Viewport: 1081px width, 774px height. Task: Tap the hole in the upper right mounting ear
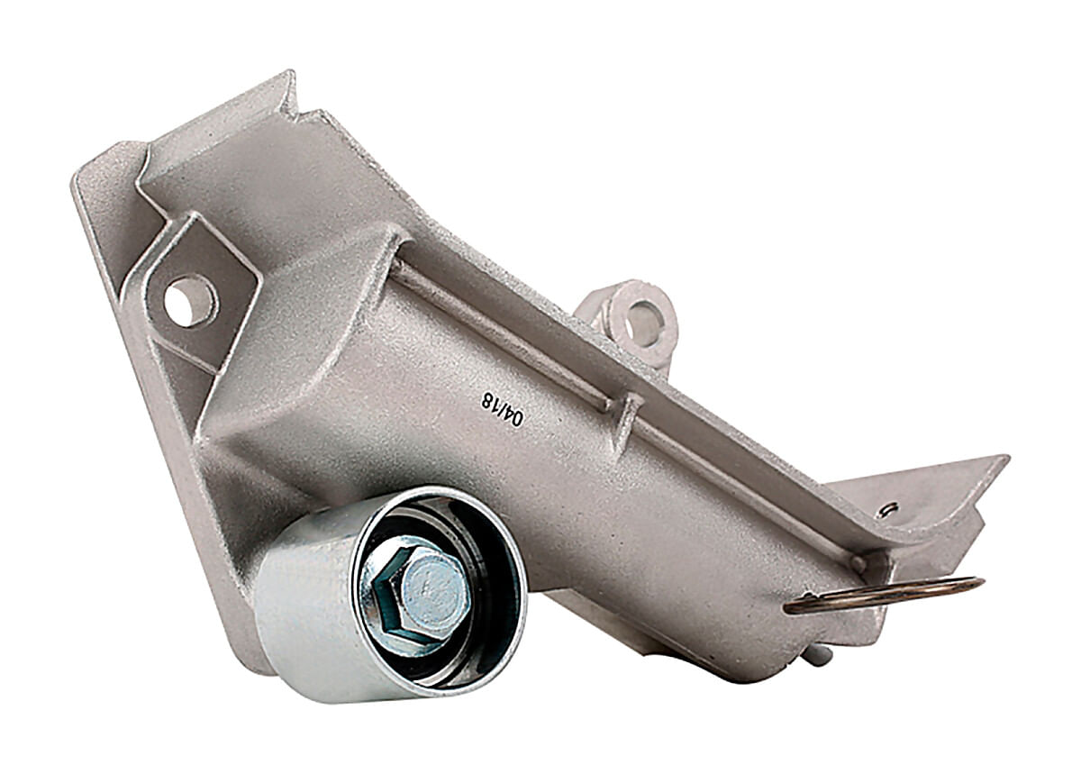[x=641, y=323]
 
